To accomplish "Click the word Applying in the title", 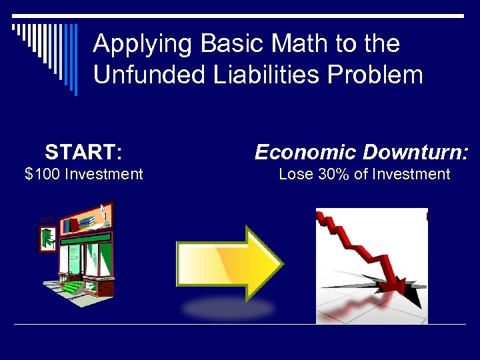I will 133,45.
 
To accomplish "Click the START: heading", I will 83,153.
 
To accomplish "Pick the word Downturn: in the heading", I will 417,153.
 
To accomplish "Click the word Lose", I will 294,175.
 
